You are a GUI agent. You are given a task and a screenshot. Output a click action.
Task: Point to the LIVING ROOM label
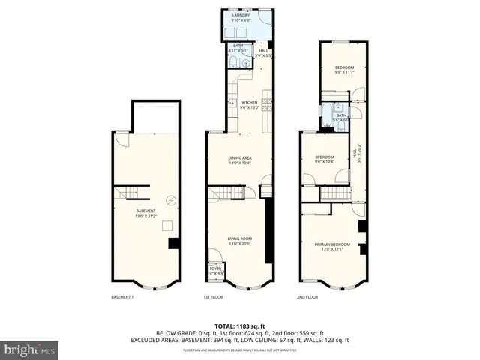(x=240, y=241)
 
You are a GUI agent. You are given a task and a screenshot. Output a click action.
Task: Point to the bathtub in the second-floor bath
(x=329, y=116)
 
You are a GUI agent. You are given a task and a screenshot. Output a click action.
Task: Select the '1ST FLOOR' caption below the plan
(x=213, y=297)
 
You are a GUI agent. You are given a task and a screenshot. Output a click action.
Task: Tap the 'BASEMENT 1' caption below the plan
(x=122, y=297)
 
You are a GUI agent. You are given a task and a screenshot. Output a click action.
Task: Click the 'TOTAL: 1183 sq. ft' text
(x=240, y=325)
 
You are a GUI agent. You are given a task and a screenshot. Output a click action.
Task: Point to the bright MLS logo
(x=30, y=349)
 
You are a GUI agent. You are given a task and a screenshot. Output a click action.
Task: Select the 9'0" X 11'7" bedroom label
(x=343, y=70)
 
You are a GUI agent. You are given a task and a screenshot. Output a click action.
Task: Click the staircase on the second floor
(x=336, y=194)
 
